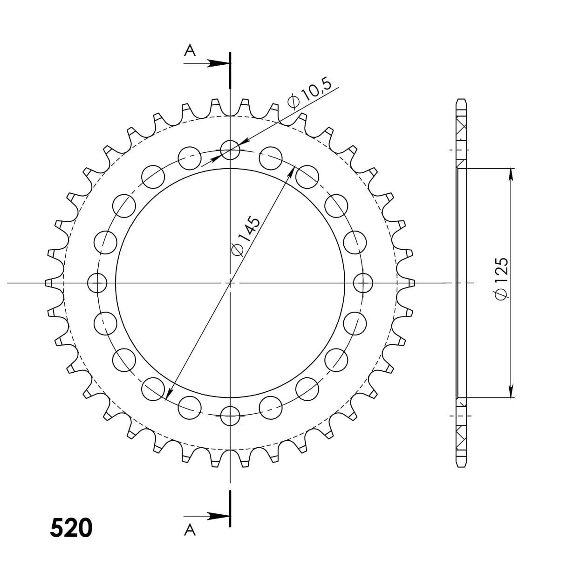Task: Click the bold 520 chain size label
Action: coord(71,527)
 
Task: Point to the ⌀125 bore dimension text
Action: coord(502,279)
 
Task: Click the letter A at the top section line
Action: coord(190,50)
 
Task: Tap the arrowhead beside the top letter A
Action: coord(218,63)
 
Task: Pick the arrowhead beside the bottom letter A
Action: coord(218,516)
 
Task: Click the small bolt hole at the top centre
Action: coord(230,150)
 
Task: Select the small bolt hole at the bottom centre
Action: coord(230,416)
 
